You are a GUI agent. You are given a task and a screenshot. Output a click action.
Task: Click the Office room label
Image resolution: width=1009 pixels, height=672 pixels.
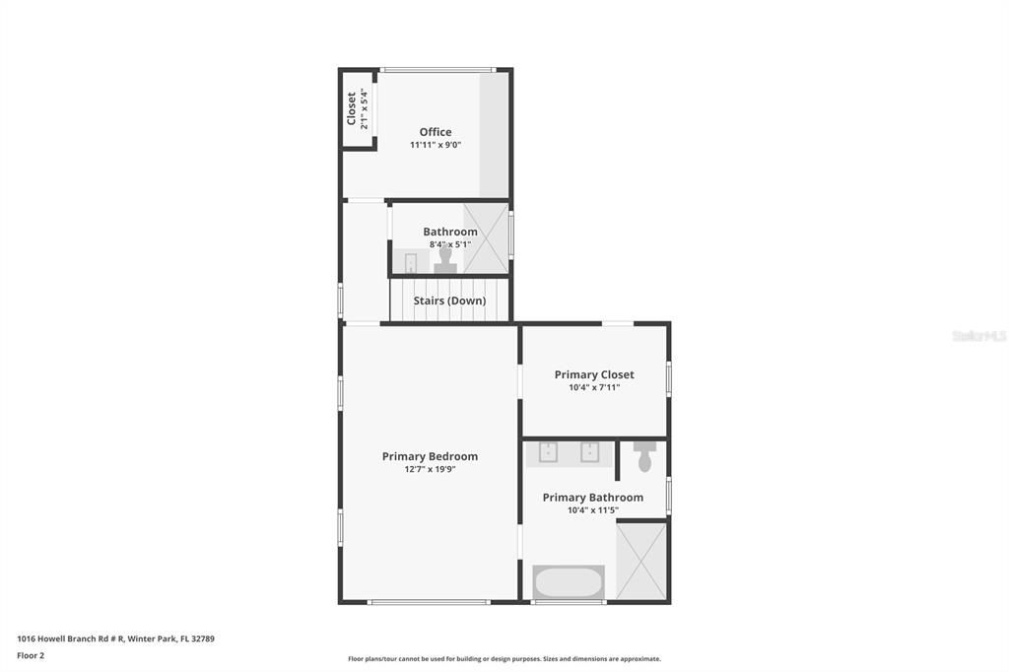pyautogui.click(x=436, y=132)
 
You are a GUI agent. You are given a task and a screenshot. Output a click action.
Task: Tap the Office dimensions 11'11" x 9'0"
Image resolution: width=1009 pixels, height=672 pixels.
pyautogui.click(x=436, y=145)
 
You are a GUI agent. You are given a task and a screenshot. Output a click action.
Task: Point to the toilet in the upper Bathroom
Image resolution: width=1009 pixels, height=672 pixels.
pyautogui.click(x=445, y=258)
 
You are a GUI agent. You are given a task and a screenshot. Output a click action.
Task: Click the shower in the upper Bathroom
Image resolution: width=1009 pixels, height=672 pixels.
pyautogui.click(x=486, y=237)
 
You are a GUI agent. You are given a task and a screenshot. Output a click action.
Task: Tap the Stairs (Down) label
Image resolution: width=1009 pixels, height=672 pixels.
pyautogui.click(x=449, y=301)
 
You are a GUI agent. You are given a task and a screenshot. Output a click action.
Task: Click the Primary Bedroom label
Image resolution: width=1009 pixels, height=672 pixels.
pyautogui.click(x=430, y=456)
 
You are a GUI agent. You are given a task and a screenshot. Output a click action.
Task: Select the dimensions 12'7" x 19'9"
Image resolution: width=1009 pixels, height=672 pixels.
pyautogui.click(x=430, y=469)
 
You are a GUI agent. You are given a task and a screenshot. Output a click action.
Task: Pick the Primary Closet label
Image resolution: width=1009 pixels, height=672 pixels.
pyautogui.click(x=594, y=374)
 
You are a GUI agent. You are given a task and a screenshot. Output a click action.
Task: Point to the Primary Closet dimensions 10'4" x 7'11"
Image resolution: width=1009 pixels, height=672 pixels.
pyautogui.click(x=594, y=387)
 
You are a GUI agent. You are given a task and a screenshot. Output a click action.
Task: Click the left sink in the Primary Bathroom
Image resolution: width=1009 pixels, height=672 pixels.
pyautogui.click(x=547, y=451)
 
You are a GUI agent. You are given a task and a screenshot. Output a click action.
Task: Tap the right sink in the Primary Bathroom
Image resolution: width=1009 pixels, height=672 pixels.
pyautogui.click(x=590, y=451)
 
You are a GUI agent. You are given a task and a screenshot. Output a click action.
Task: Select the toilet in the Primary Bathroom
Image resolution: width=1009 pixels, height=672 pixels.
pyautogui.click(x=644, y=456)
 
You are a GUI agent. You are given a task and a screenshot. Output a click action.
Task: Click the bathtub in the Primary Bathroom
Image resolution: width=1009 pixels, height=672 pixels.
pyautogui.click(x=569, y=581)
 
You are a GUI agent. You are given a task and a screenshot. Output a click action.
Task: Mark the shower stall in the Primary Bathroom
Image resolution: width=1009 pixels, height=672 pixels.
pyautogui.click(x=641, y=561)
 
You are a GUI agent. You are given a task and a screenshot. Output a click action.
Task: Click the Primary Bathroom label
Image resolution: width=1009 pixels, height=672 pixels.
pyautogui.click(x=593, y=498)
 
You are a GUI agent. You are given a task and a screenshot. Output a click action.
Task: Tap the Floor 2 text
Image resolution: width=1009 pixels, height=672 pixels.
pyautogui.click(x=31, y=655)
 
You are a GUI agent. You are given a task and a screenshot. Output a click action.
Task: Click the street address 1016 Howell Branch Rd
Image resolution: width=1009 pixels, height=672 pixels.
pyautogui.click(x=115, y=638)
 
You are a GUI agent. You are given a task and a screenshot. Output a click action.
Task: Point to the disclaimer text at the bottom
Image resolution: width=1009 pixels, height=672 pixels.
pyautogui.click(x=504, y=659)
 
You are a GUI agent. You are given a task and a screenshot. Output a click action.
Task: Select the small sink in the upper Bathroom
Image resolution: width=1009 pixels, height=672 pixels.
pyautogui.click(x=411, y=262)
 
